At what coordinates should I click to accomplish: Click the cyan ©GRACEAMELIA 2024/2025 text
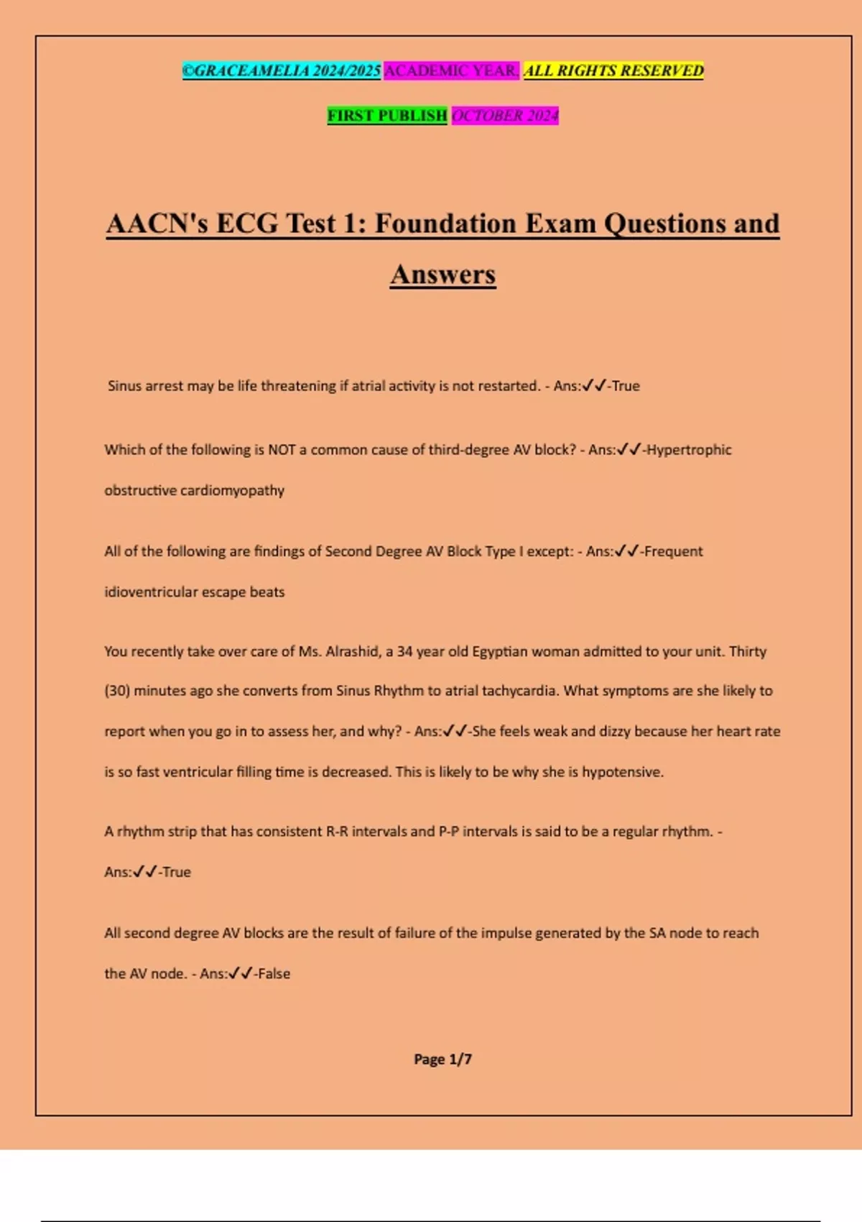click(282, 70)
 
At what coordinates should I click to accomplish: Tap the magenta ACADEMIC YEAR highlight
click(451, 70)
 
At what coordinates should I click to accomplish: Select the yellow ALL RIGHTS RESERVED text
click(613, 70)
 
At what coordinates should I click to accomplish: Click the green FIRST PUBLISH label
click(387, 115)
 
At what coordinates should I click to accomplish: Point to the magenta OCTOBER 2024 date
click(505, 115)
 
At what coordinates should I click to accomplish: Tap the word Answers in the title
click(442, 275)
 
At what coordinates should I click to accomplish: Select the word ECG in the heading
click(247, 224)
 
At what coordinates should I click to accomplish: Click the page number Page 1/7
click(442, 1059)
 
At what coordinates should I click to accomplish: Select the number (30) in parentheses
click(117, 691)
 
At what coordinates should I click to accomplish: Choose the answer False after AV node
click(274, 974)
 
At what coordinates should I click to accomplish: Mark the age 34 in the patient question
click(404, 651)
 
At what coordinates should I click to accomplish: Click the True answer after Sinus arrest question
click(626, 386)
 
